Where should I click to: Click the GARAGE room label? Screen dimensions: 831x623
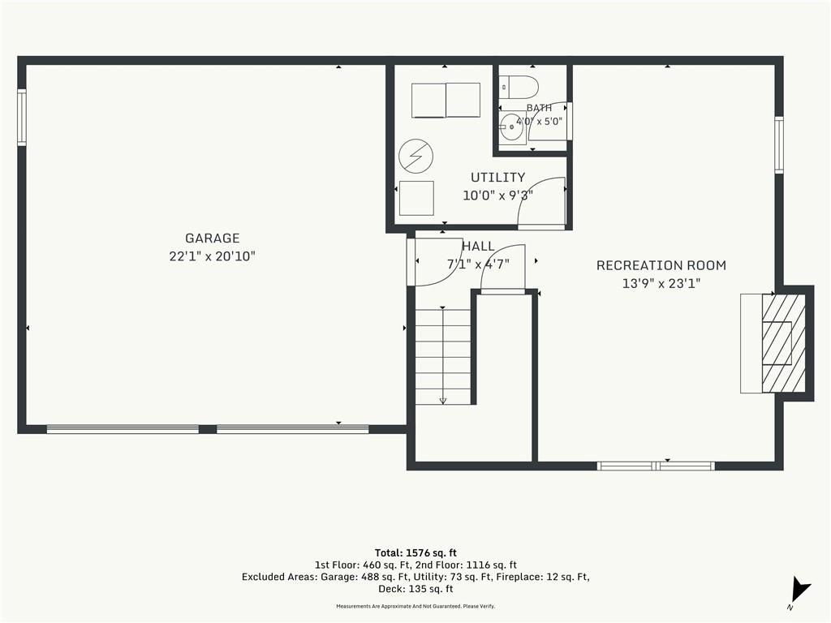coord(212,238)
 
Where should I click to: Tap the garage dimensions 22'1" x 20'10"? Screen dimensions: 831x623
coord(212,256)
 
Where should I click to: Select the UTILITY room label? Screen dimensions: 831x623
coord(497,178)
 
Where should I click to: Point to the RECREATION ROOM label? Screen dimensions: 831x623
coord(661,265)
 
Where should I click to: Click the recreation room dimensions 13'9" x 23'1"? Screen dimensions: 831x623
coord(661,283)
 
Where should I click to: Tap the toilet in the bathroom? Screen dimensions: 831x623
coord(519,86)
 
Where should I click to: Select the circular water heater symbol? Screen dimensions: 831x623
coord(416,157)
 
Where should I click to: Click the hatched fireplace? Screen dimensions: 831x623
coord(783,343)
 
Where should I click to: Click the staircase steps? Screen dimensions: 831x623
coord(443,357)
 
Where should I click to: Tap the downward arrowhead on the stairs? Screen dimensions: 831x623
coord(443,401)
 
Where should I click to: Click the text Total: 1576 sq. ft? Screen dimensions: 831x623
coord(415,553)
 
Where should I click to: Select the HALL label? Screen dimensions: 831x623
coord(479,247)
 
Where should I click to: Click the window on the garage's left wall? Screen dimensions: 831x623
coord(22,117)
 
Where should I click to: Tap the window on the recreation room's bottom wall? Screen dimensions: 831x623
coord(656,466)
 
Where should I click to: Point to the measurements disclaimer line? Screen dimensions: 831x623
coord(415,606)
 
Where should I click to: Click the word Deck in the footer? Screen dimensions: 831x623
coord(390,589)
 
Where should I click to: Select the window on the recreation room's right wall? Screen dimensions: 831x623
coord(778,144)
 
